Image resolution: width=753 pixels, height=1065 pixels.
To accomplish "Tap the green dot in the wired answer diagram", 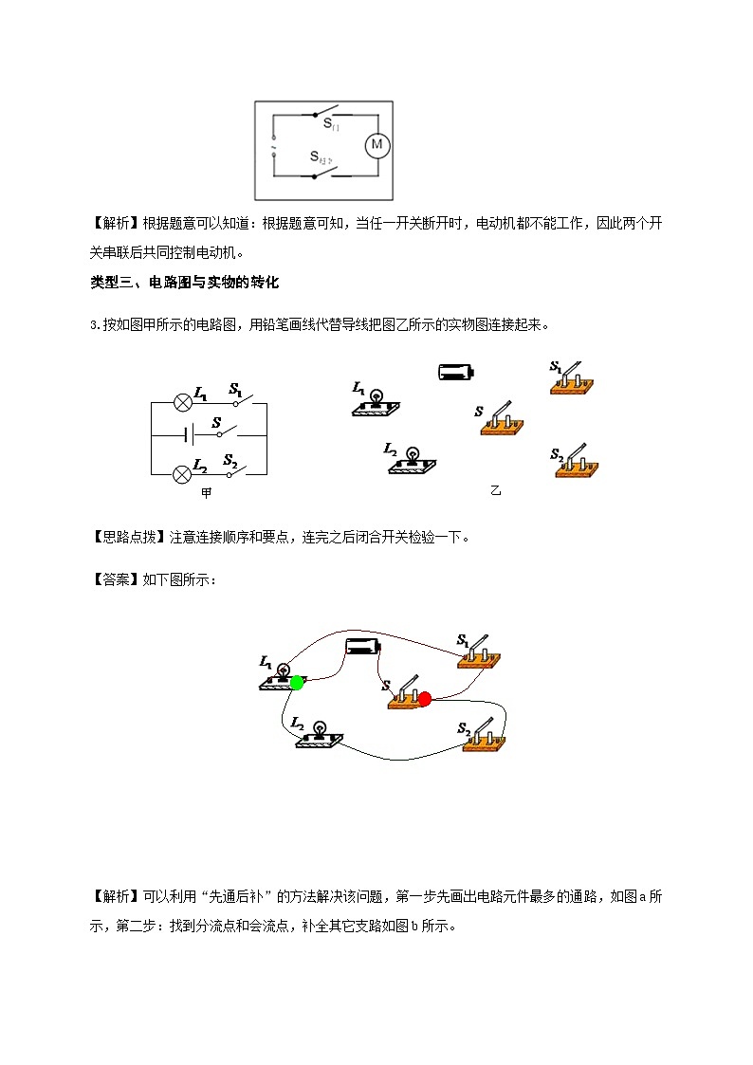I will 298,682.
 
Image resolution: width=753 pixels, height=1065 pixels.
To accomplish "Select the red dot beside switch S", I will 424,699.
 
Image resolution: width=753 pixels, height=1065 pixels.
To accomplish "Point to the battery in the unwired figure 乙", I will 456,372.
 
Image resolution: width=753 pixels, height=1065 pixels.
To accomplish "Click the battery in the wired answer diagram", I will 362,647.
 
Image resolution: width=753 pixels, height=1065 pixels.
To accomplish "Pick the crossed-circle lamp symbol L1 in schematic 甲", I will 182,402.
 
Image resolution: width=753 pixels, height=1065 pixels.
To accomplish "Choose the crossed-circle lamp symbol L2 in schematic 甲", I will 182,474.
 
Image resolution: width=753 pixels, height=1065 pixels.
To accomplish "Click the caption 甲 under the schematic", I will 207,493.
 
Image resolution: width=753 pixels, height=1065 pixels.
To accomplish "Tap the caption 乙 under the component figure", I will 495,490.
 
